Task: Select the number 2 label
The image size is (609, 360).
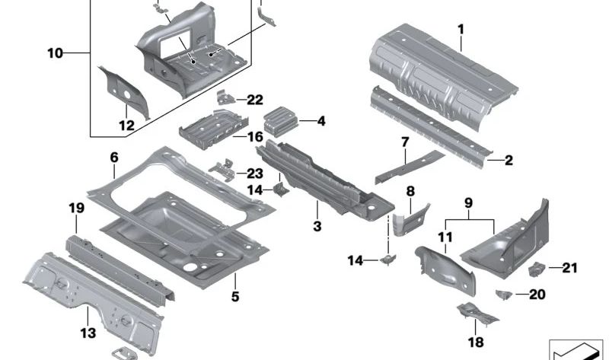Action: click(509, 160)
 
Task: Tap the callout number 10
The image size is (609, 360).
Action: click(56, 53)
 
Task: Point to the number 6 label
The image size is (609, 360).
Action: click(114, 158)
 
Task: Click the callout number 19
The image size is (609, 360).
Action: click(76, 207)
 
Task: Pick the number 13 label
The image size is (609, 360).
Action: click(89, 333)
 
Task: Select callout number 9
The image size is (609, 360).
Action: click(468, 203)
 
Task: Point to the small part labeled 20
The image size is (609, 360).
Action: click(502, 294)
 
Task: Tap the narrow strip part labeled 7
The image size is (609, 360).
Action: click(407, 167)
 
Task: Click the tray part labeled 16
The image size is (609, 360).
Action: click(209, 127)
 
